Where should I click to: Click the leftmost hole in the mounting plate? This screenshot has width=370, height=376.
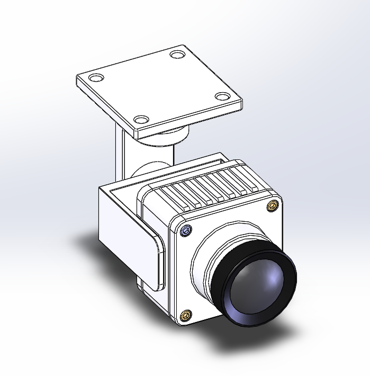[96, 78]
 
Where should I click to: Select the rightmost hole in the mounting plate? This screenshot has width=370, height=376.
[223, 97]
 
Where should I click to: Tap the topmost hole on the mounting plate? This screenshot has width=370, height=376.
[176, 54]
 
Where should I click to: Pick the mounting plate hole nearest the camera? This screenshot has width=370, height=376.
[140, 120]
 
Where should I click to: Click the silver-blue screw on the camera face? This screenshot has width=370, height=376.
[185, 231]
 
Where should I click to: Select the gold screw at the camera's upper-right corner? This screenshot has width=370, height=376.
[273, 205]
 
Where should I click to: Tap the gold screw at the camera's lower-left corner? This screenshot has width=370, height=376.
[186, 316]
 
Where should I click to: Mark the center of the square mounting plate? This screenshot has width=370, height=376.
[159, 87]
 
